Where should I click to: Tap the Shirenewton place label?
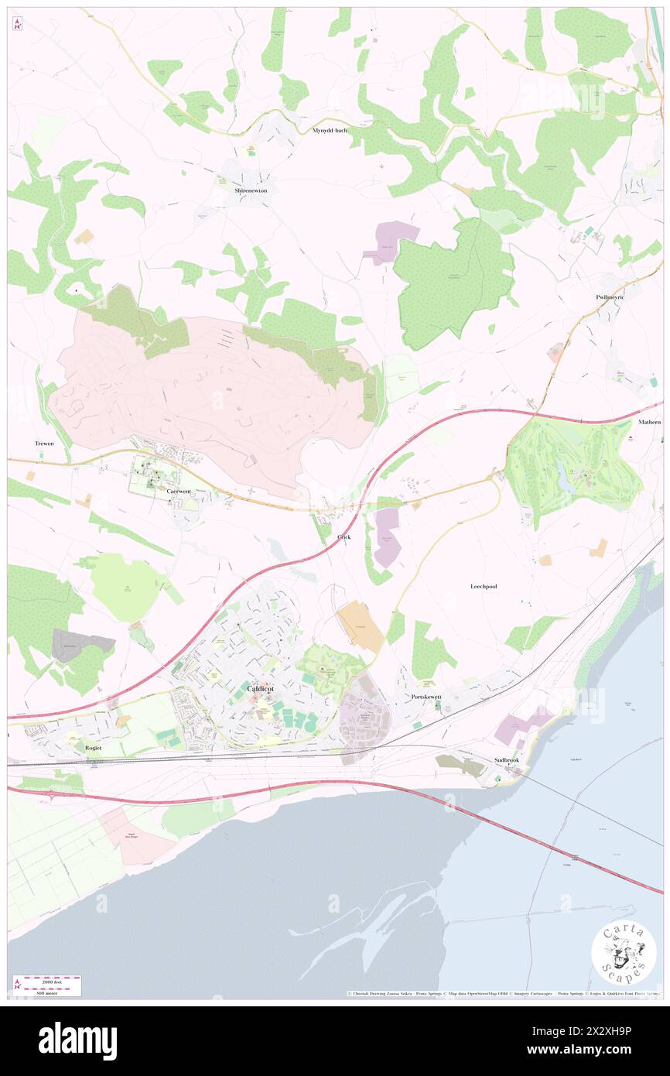pos(251,190)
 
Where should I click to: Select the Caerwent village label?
pos(179,492)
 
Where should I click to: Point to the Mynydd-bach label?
pos(330,130)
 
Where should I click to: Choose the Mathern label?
pos(650,423)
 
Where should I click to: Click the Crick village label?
pos(344,536)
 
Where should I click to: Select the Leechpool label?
pos(484,587)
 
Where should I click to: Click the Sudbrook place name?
pos(507,760)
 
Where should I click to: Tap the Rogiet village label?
pos(94,749)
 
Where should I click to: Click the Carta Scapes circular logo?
pos(624,952)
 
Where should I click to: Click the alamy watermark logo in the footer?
pos(77,1040)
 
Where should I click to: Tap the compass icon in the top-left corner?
pos(18,24)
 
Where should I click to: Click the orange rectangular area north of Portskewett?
pos(361,625)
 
